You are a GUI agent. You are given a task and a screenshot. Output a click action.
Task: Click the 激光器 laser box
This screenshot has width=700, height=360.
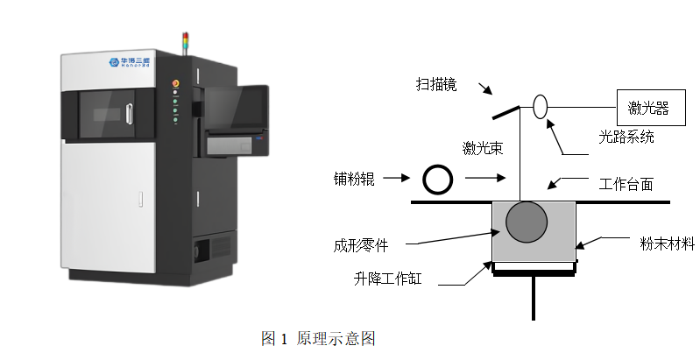pyautogui.click(x=648, y=108)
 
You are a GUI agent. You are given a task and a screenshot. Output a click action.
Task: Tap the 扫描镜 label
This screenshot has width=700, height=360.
pyautogui.click(x=436, y=84)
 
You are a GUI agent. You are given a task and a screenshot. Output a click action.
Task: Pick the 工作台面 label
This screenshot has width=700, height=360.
pyautogui.click(x=626, y=184)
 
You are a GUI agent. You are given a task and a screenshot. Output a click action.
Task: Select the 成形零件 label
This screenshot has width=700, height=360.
pyautogui.click(x=360, y=246)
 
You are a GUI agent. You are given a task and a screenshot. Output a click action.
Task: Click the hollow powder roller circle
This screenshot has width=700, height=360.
pyautogui.click(x=436, y=180)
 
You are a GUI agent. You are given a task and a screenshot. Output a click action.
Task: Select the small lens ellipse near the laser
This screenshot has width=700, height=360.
pyautogui.click(x=540, y=106)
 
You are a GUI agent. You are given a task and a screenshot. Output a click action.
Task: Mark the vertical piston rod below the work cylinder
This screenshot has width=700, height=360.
pyautogui.click(x=533, y=298)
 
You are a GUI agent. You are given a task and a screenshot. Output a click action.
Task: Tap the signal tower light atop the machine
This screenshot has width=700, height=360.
pyautogui.click(x=184, y=40)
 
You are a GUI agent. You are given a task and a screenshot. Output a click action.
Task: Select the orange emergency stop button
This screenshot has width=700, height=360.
pyautogui.click(x=175, y=83)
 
